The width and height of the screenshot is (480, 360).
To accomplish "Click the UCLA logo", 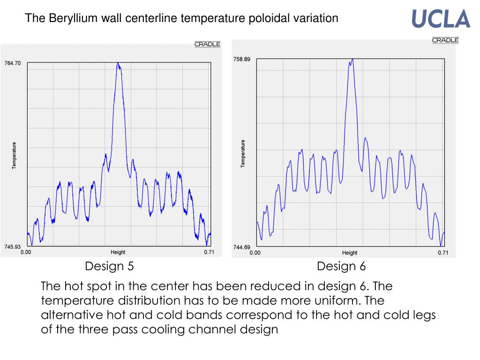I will click(441, 19).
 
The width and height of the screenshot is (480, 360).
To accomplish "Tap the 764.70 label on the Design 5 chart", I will click(13, 63).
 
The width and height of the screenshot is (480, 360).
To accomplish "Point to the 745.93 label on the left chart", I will click(13, 247).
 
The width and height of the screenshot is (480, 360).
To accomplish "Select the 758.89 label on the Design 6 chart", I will click(242, 59).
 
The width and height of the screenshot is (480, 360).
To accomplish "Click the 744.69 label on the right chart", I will click(242, 247).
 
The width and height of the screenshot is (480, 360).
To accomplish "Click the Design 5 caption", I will click(109, 267).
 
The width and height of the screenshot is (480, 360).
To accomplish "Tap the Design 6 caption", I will click(341, 267).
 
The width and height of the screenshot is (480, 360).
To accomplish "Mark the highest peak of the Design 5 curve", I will click(119, 63).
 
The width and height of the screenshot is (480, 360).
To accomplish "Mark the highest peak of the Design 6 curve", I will click(352, 60).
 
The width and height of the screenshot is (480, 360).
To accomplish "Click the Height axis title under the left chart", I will click(118, 252).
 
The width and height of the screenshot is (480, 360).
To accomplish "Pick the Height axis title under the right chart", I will click(350, 253).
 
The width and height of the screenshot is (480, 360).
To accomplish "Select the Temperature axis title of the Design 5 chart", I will click(15, 156).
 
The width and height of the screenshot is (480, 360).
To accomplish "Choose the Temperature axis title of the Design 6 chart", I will click(243, 153).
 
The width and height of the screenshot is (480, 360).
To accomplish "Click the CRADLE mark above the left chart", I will click(207, 45).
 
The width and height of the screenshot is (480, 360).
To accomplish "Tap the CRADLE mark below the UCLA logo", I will click(445, 40).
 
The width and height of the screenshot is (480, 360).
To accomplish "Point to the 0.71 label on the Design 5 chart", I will click(209, 252).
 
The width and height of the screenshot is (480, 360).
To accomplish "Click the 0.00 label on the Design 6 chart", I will click(255, 253).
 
